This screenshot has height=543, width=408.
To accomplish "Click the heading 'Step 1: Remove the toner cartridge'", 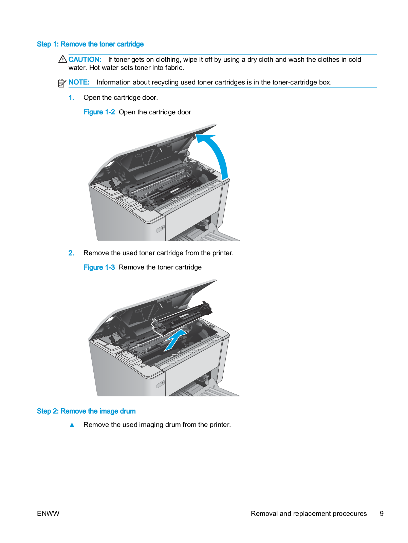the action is (90, 44).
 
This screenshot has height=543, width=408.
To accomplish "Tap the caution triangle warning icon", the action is (62, 59).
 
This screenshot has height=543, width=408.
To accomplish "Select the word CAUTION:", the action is (85, 59).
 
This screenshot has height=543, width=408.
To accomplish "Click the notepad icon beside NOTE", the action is (62, 83).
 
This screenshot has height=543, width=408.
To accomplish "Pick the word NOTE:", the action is (79, 82).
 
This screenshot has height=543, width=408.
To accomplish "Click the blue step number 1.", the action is (71, 98).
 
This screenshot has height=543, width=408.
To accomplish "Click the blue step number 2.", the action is (71, 253).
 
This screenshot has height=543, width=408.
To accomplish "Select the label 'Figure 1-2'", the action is (99, 112).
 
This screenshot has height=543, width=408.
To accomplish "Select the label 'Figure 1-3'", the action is (99, 267).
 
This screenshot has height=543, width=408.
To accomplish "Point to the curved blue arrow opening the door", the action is (217, 153).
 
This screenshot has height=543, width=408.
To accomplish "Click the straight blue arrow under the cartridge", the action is (175, 340).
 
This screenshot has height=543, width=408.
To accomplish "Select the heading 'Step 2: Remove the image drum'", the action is (86, 411).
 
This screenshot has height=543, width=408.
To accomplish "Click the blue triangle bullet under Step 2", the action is (72, 425).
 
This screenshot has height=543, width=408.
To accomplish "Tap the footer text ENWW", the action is (48, 513).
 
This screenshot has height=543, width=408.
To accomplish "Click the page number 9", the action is (382, 513).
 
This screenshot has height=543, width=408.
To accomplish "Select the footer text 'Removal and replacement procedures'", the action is (309, 513).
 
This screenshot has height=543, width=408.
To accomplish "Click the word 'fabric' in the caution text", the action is (174, 68).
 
